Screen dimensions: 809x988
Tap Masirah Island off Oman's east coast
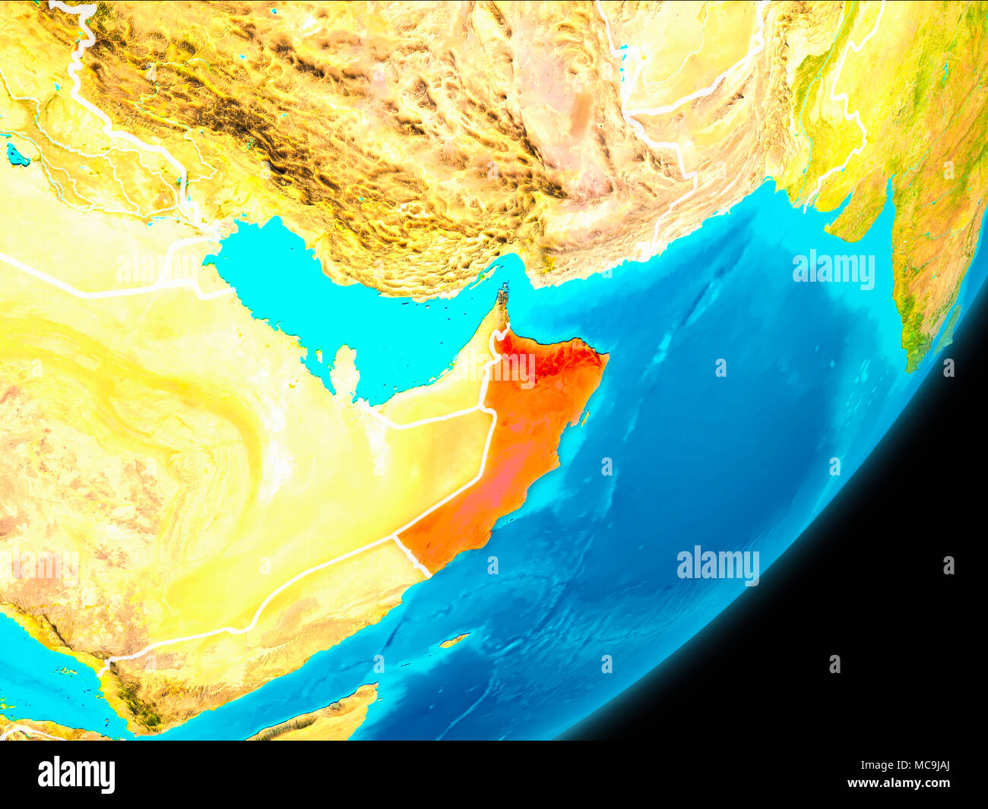(584, 417)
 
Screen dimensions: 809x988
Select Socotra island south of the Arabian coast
(454, 641)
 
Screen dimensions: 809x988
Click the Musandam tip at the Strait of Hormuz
(502, 295)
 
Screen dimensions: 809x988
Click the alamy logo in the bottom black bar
(76, 774)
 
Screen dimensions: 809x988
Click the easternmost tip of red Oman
(607, 355)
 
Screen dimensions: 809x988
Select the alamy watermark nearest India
(833, 270)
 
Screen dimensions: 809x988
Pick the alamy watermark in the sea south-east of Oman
(717, 565)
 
